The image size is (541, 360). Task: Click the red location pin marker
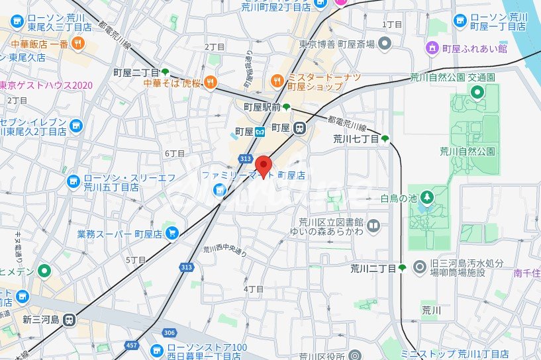coord(264,166)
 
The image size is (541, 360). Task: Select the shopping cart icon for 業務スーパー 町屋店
coord(172,233)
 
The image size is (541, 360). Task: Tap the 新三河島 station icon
coord(70,320)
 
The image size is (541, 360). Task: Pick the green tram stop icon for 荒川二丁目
coord(402,268)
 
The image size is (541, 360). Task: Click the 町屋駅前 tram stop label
coord(262,107)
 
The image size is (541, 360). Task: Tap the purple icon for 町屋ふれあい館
coord(432,48)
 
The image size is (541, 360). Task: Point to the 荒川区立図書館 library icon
coord(374,227)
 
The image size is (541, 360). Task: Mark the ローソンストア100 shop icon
coord(158,350)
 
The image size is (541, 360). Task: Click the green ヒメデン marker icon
coord(44,270)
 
